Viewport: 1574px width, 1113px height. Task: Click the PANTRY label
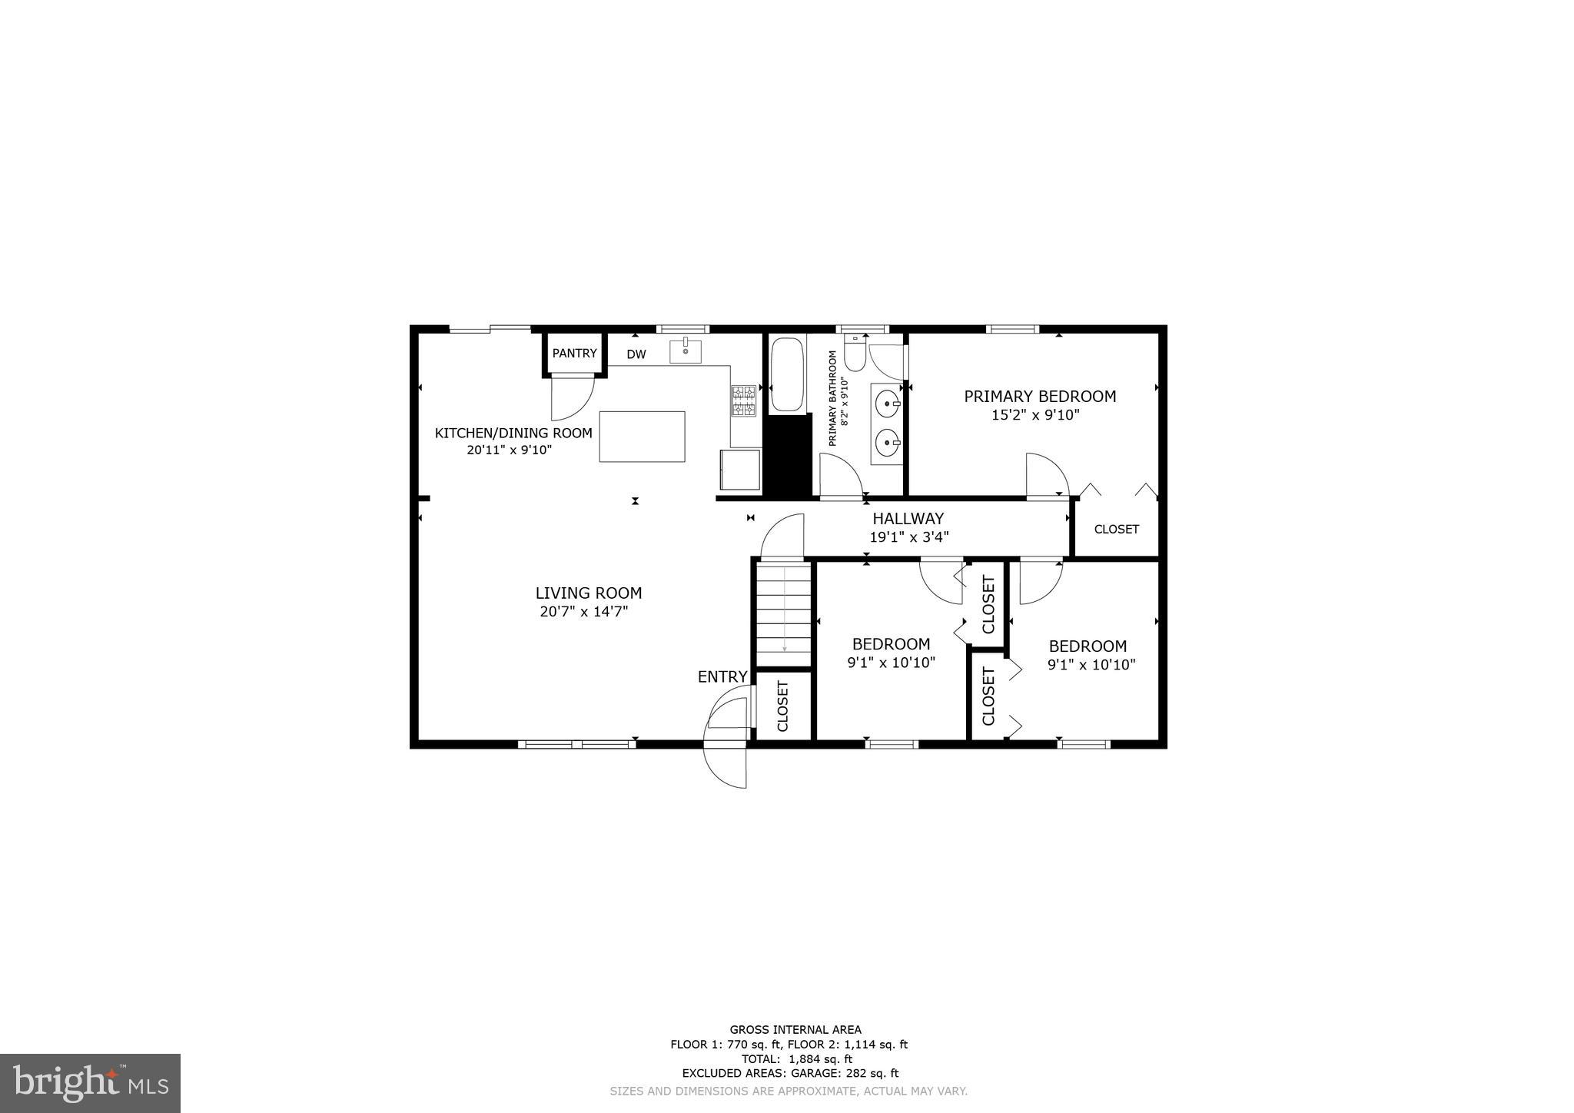click(x=574, y=354)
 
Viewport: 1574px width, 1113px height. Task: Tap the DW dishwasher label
click(x=636, y=354)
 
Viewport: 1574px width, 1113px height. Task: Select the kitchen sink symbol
click(x=685, y=351)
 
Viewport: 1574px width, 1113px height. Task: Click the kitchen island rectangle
click(x=642, y=437)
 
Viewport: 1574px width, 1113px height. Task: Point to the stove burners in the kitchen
click(x=743, y=400)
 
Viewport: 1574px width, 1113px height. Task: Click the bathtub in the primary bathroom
click(x=787, y=375)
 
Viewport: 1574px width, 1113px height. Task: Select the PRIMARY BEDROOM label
click(x=1040, y=397)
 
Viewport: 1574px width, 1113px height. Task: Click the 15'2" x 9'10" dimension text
click(x=1036, y=416)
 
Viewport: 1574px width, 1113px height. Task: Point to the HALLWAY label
click(x=908, y=519)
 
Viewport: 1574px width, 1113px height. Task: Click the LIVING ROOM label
click(x=589, y=593)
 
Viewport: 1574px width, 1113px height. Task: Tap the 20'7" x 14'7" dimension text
click(x=584, y=613)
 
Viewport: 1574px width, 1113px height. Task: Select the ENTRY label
click(x=722, y=677)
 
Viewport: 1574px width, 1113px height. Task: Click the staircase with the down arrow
click(x=784, y=613)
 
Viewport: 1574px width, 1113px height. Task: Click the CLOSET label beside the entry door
click(x=783, y=706)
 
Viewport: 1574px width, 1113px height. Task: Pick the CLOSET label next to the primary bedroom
click(x=1116, y=530)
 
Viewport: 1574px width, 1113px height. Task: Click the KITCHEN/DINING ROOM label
click(x=513, y=434)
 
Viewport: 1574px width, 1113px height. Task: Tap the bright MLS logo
click(x=91, y=1083)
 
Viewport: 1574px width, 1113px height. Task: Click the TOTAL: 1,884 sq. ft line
click(x=795, y=1059)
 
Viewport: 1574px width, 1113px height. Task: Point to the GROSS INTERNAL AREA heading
click(x=795, y=1030)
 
